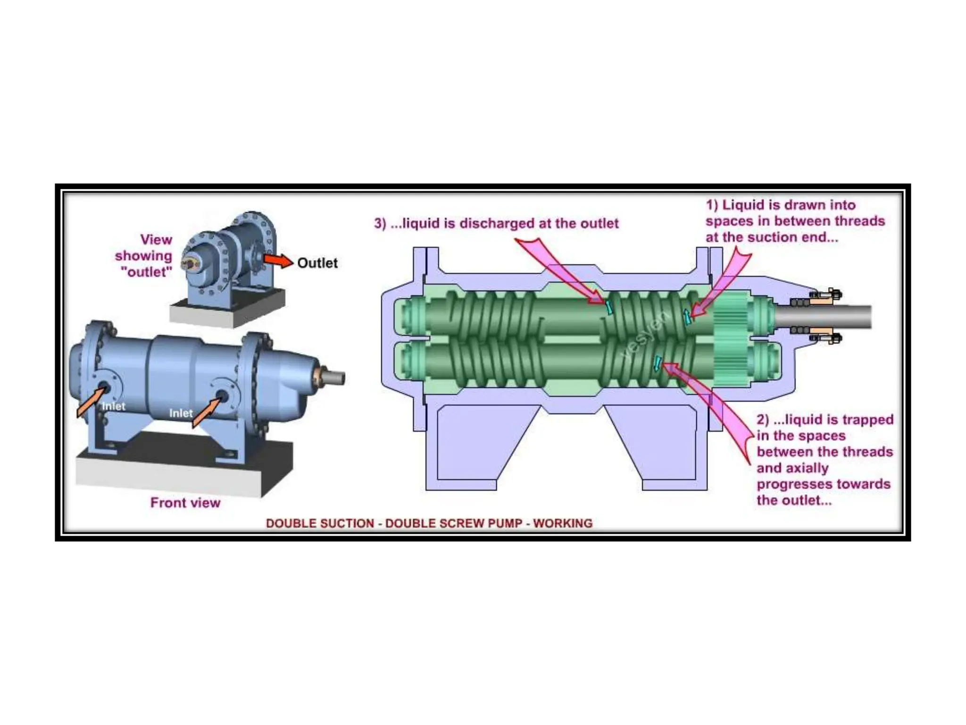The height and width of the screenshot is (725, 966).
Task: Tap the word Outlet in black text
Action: point(317,263)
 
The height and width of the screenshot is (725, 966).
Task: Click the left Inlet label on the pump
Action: point(114,406)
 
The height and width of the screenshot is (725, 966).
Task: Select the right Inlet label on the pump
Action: point(181,413)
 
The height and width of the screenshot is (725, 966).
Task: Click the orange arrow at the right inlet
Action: point(206,412)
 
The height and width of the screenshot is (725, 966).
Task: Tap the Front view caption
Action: point(185,503)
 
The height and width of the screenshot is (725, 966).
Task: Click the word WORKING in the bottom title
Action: point(562,523)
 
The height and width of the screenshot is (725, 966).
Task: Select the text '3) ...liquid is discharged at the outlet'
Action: point(496,223)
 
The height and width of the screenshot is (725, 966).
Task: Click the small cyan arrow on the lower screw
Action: point(657,363)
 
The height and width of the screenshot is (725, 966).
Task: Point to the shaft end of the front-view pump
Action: point(336,378)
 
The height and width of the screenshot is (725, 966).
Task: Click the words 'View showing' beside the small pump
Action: point(144,248)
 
